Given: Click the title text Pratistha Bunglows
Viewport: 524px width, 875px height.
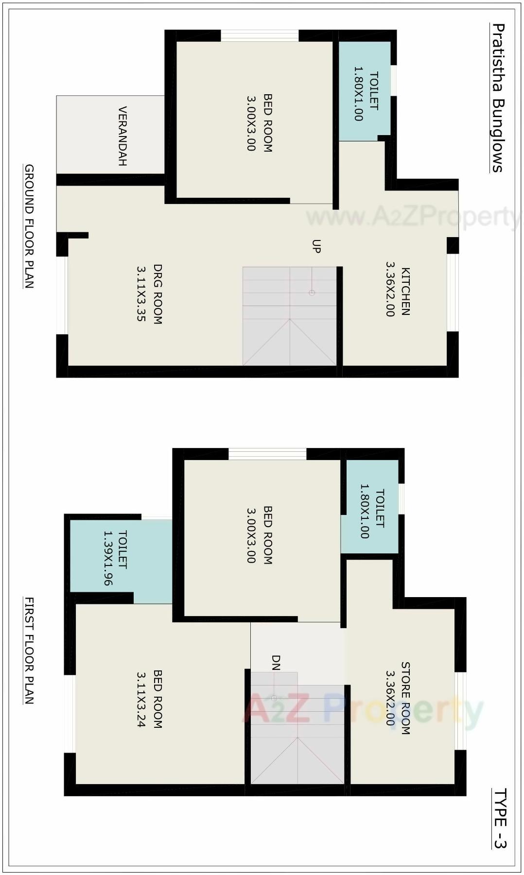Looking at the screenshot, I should coord(498,98).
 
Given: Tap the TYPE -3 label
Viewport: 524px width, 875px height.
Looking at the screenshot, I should coord(500,818).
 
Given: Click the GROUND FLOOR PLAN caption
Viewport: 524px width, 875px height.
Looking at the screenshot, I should coord(29,226).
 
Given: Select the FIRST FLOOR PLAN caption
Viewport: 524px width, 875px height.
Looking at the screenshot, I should coord(29,651).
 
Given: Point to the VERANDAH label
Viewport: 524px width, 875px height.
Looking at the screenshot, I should coord(122,136).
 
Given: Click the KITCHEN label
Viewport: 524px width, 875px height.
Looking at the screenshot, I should coord(405,292).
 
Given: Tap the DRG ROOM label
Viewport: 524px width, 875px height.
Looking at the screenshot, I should coord(157,294).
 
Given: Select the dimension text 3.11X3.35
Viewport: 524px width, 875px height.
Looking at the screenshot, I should coord(141,293).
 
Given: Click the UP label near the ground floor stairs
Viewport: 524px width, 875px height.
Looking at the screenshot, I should coord(316,246).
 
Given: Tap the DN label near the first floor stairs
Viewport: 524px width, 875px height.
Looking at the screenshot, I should coord(276,662).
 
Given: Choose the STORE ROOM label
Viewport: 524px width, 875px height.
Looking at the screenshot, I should coord(405,698).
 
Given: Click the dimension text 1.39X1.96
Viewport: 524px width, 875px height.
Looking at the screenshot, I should coord(108,558).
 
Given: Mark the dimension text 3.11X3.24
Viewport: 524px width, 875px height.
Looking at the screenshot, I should coord(141,699).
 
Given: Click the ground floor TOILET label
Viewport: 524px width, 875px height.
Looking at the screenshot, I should coord(374,91).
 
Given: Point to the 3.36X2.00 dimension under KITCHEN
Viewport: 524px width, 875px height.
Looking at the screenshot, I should coord(389,290).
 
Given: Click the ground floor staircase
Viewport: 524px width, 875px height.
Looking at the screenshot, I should coord(289,316).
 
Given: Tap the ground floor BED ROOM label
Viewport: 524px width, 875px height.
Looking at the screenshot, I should coord(267,123).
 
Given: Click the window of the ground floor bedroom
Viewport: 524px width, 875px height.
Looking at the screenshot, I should coord(260,35).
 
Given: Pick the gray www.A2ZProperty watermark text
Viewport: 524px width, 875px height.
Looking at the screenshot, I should coord(413,217).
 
